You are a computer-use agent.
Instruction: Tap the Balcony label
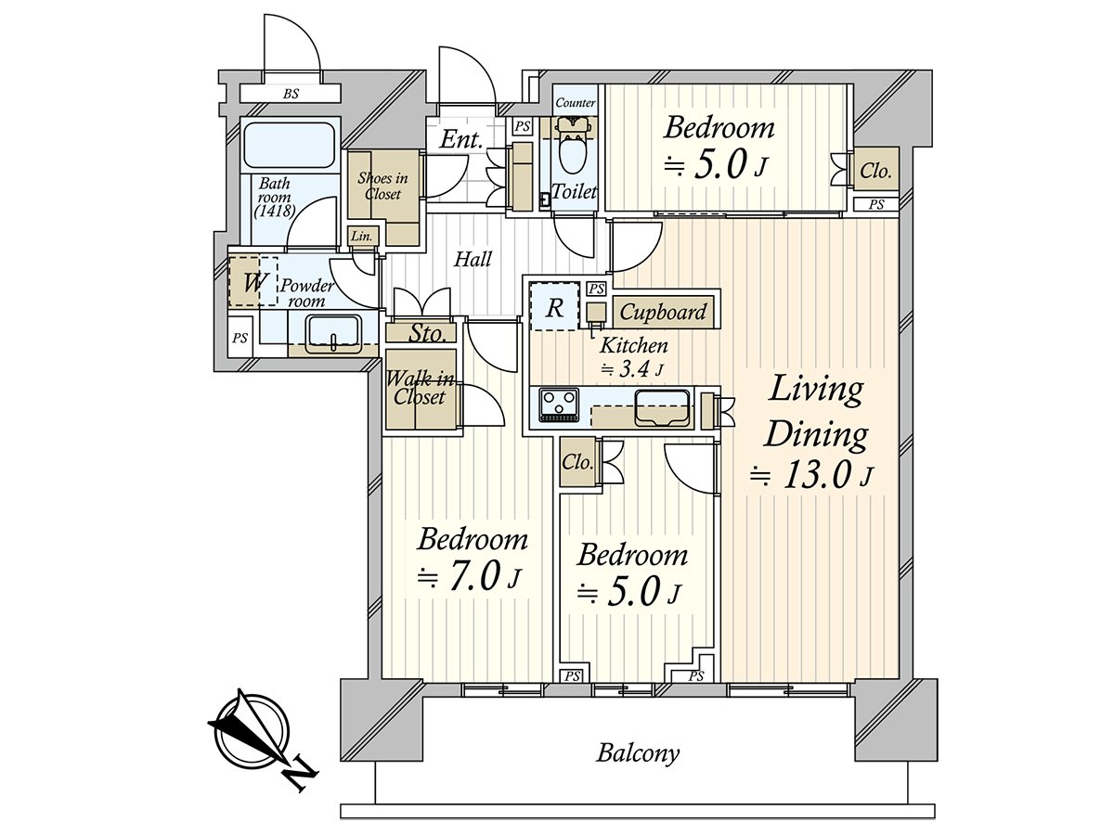pyautogui.click(x=637, y=751)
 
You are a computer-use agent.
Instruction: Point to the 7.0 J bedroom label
pyautogui.click(x=472, y=557)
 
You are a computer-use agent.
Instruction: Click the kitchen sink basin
pyautogui.click(x=661, y=405)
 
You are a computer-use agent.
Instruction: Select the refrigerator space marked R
pyautogui.click(x=554, y=308)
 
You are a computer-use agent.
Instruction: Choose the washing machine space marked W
pyautogui.click(x=252, y=282)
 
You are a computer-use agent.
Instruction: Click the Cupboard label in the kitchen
pyautogui.click(x=663, y=312)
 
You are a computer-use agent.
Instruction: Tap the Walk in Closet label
pyautogui.click(x=421, y=388)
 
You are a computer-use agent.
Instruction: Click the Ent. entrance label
pyautogui.click(x=461, y=141)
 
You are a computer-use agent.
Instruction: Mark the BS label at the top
pyautogui.click(x=291, y=94)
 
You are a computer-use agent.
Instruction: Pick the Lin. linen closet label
pyautogui.click(x=362, y=238)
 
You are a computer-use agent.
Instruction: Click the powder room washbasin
pyautogui.click(x=332, y=332)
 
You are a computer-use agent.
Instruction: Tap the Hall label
pyautogui.click(x=473, y=260)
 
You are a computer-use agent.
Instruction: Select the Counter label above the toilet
pyautogui.click(x=575, y=102)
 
